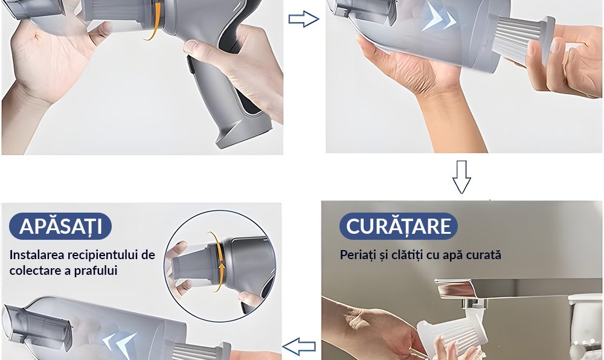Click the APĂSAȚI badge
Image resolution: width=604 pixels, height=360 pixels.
pyautogui.click(x=60, y=226)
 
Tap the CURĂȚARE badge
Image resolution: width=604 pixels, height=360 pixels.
pyautogui.click(x=398, y=226)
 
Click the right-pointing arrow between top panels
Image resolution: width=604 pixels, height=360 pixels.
pyautogui.click(x=304, y=19)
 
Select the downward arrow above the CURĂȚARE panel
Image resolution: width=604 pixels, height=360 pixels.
pyautogui.click(x=461, y=177)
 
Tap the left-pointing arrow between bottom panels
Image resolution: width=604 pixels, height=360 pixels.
pyautogui.click(x=300, y=347)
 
